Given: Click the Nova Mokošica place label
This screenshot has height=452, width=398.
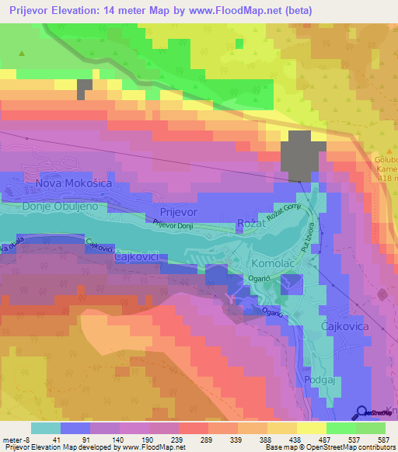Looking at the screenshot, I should (74, 183).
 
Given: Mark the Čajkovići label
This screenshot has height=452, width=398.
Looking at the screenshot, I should (138, 256).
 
